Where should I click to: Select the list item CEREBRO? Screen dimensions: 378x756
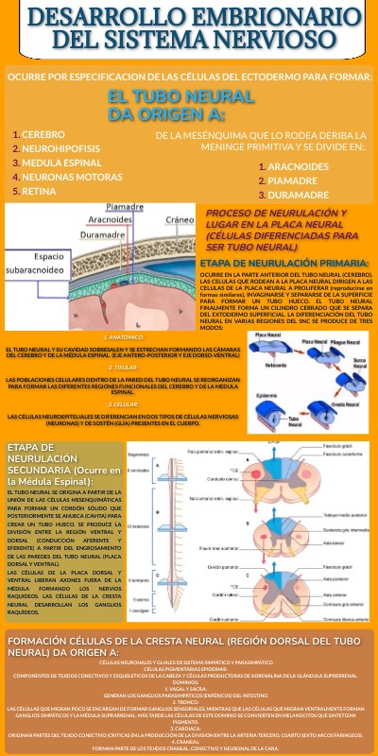(x=43, y=134)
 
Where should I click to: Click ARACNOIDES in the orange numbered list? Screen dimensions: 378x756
(x=298, y=166)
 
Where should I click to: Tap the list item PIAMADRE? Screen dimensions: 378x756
(x=292, y=180)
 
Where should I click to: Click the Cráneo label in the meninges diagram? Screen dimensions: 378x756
(x=179, y=219)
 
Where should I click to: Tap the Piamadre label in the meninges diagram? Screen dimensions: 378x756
(x=125, y=206)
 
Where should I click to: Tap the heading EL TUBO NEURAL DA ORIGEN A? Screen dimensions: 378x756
(x=180, y=105)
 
